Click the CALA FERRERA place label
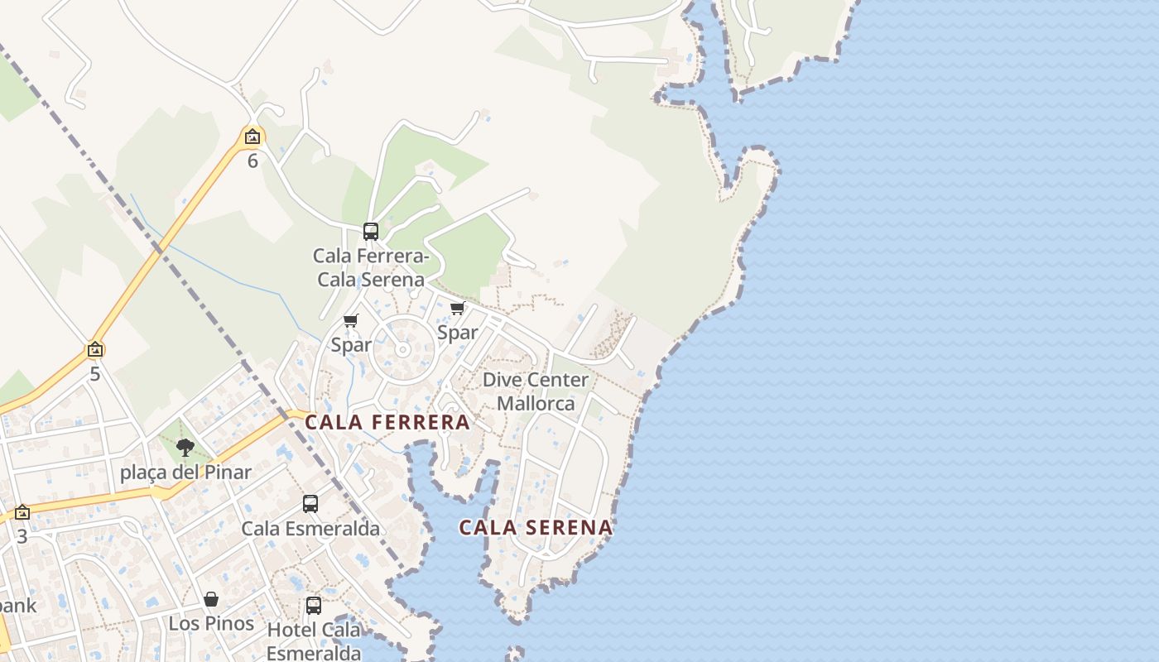point(387,423)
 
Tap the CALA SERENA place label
point(536,527)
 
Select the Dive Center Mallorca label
point(536,391)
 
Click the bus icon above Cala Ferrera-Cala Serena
point(371,232)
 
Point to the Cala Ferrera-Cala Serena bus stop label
point(371,267)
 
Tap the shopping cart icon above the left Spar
point(350,320)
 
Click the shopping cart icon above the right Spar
point(457,309)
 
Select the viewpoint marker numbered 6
point(252,137)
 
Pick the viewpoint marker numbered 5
point(95,350)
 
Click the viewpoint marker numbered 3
point(22,513)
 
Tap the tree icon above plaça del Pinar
point(185,448)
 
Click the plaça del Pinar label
point(185,473)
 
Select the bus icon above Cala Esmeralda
point(310,503)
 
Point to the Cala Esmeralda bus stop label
point(310,529)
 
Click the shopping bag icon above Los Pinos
point(211,599)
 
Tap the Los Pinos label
point(211,623)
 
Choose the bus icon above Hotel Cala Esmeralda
point(314,605)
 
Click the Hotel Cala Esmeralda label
point(314,641)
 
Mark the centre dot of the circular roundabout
point(402,350)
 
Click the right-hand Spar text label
point(458,333)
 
